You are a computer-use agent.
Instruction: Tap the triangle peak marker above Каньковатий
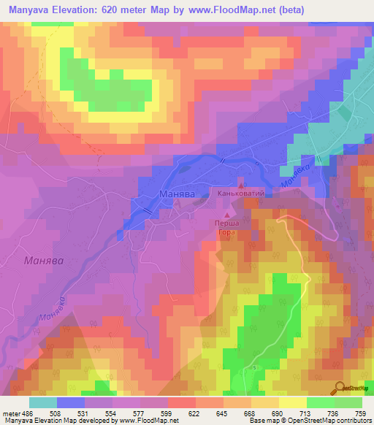pos(240,185)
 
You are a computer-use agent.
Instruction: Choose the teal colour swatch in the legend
pos(43,402)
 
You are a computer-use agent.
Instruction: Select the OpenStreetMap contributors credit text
pos(333,421)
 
